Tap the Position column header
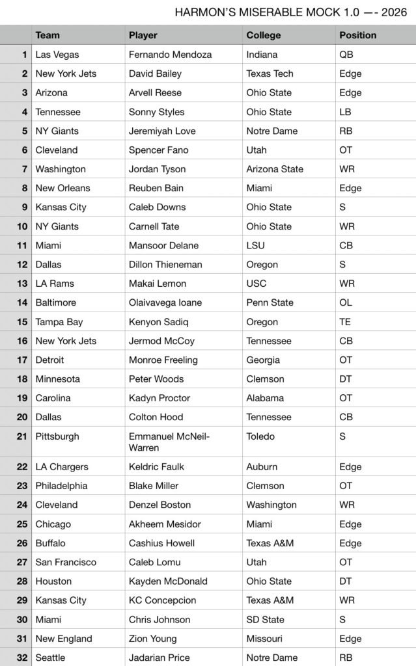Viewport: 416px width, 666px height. coord(357,35)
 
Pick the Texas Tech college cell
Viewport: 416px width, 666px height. coord(270,73)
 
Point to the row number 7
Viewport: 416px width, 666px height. coord(25,169)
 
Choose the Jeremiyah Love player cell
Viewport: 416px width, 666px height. coord(162,131)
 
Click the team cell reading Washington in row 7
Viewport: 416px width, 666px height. coord(61,169)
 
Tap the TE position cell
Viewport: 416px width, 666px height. coord(345,321)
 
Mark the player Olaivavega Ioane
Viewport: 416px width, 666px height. coord(165,302)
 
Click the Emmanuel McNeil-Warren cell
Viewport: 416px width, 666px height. coord(169,442)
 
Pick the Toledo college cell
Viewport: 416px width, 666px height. coord(260,436)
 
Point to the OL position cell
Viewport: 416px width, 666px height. coord(346,302)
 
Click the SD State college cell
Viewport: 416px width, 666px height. coord(265,619)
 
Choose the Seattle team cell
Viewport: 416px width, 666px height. coord(50,658)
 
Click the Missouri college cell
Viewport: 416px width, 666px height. coord(264,639)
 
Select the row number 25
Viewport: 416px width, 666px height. coord(23,524)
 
